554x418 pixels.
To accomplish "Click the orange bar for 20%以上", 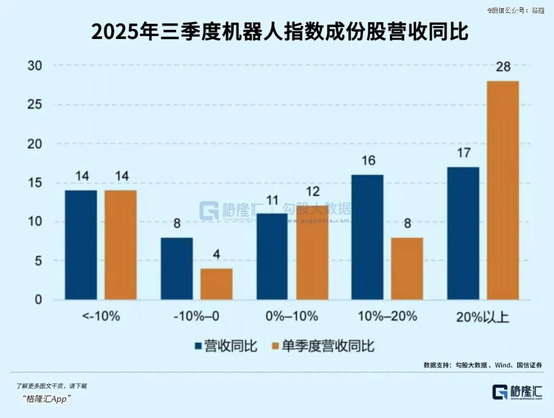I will [x=503, y=190].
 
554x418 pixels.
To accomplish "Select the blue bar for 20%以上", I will [x=463, y=233].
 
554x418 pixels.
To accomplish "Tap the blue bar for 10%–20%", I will [x=367, y=237].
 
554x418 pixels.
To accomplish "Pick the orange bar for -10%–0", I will [x=216, y=284].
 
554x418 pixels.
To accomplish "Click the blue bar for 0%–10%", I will [x=272, y=256].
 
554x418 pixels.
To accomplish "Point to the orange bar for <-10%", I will [x=121, y=245].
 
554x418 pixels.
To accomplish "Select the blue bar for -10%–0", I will [x=177, y=269].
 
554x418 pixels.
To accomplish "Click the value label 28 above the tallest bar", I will [x=503, y=67].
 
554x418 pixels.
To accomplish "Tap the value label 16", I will [x=367, y=161].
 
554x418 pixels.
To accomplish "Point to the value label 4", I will [x=216, y=255].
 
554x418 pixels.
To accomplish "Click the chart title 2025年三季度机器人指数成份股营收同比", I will [x=280, y=32].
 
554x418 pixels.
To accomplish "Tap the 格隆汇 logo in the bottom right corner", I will [x=517, y=392].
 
